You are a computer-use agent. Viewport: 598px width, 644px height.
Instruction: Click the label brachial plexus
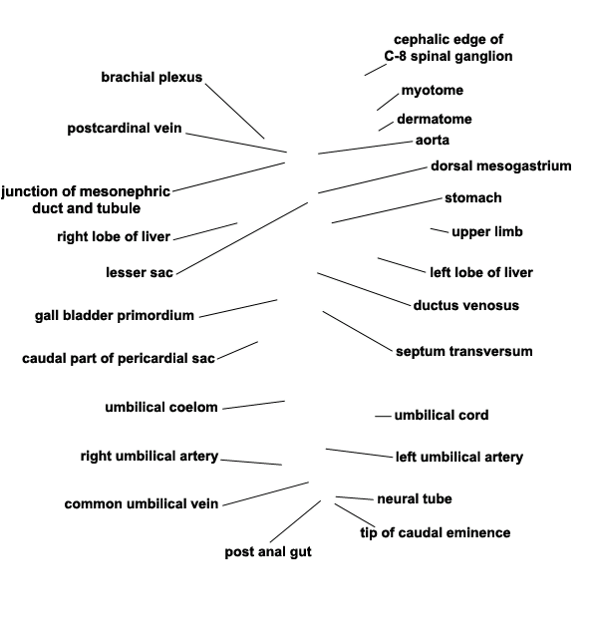151,77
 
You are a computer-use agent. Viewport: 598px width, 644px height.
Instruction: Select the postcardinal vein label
125,128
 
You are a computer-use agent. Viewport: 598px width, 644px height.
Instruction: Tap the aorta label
432,140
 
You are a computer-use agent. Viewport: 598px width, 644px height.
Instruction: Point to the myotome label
432,91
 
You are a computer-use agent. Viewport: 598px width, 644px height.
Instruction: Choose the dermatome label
434,120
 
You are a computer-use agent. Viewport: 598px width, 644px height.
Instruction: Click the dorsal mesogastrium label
500,165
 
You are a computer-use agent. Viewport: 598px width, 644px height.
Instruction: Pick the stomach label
472,198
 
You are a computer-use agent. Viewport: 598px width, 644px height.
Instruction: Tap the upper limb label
486,232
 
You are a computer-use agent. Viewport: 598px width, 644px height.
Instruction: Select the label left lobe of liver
480,272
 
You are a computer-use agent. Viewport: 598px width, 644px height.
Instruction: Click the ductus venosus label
465,305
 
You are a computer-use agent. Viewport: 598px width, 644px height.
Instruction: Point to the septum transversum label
463,351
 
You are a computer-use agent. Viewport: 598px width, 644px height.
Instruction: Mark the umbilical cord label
442,415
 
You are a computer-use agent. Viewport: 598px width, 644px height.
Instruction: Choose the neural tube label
415,498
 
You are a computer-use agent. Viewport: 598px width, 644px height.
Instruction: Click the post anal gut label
267,552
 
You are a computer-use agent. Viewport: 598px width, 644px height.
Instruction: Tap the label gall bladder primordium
115,316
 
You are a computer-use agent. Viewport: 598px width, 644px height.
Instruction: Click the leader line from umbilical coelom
253,405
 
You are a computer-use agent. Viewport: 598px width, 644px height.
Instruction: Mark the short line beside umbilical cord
383,416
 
